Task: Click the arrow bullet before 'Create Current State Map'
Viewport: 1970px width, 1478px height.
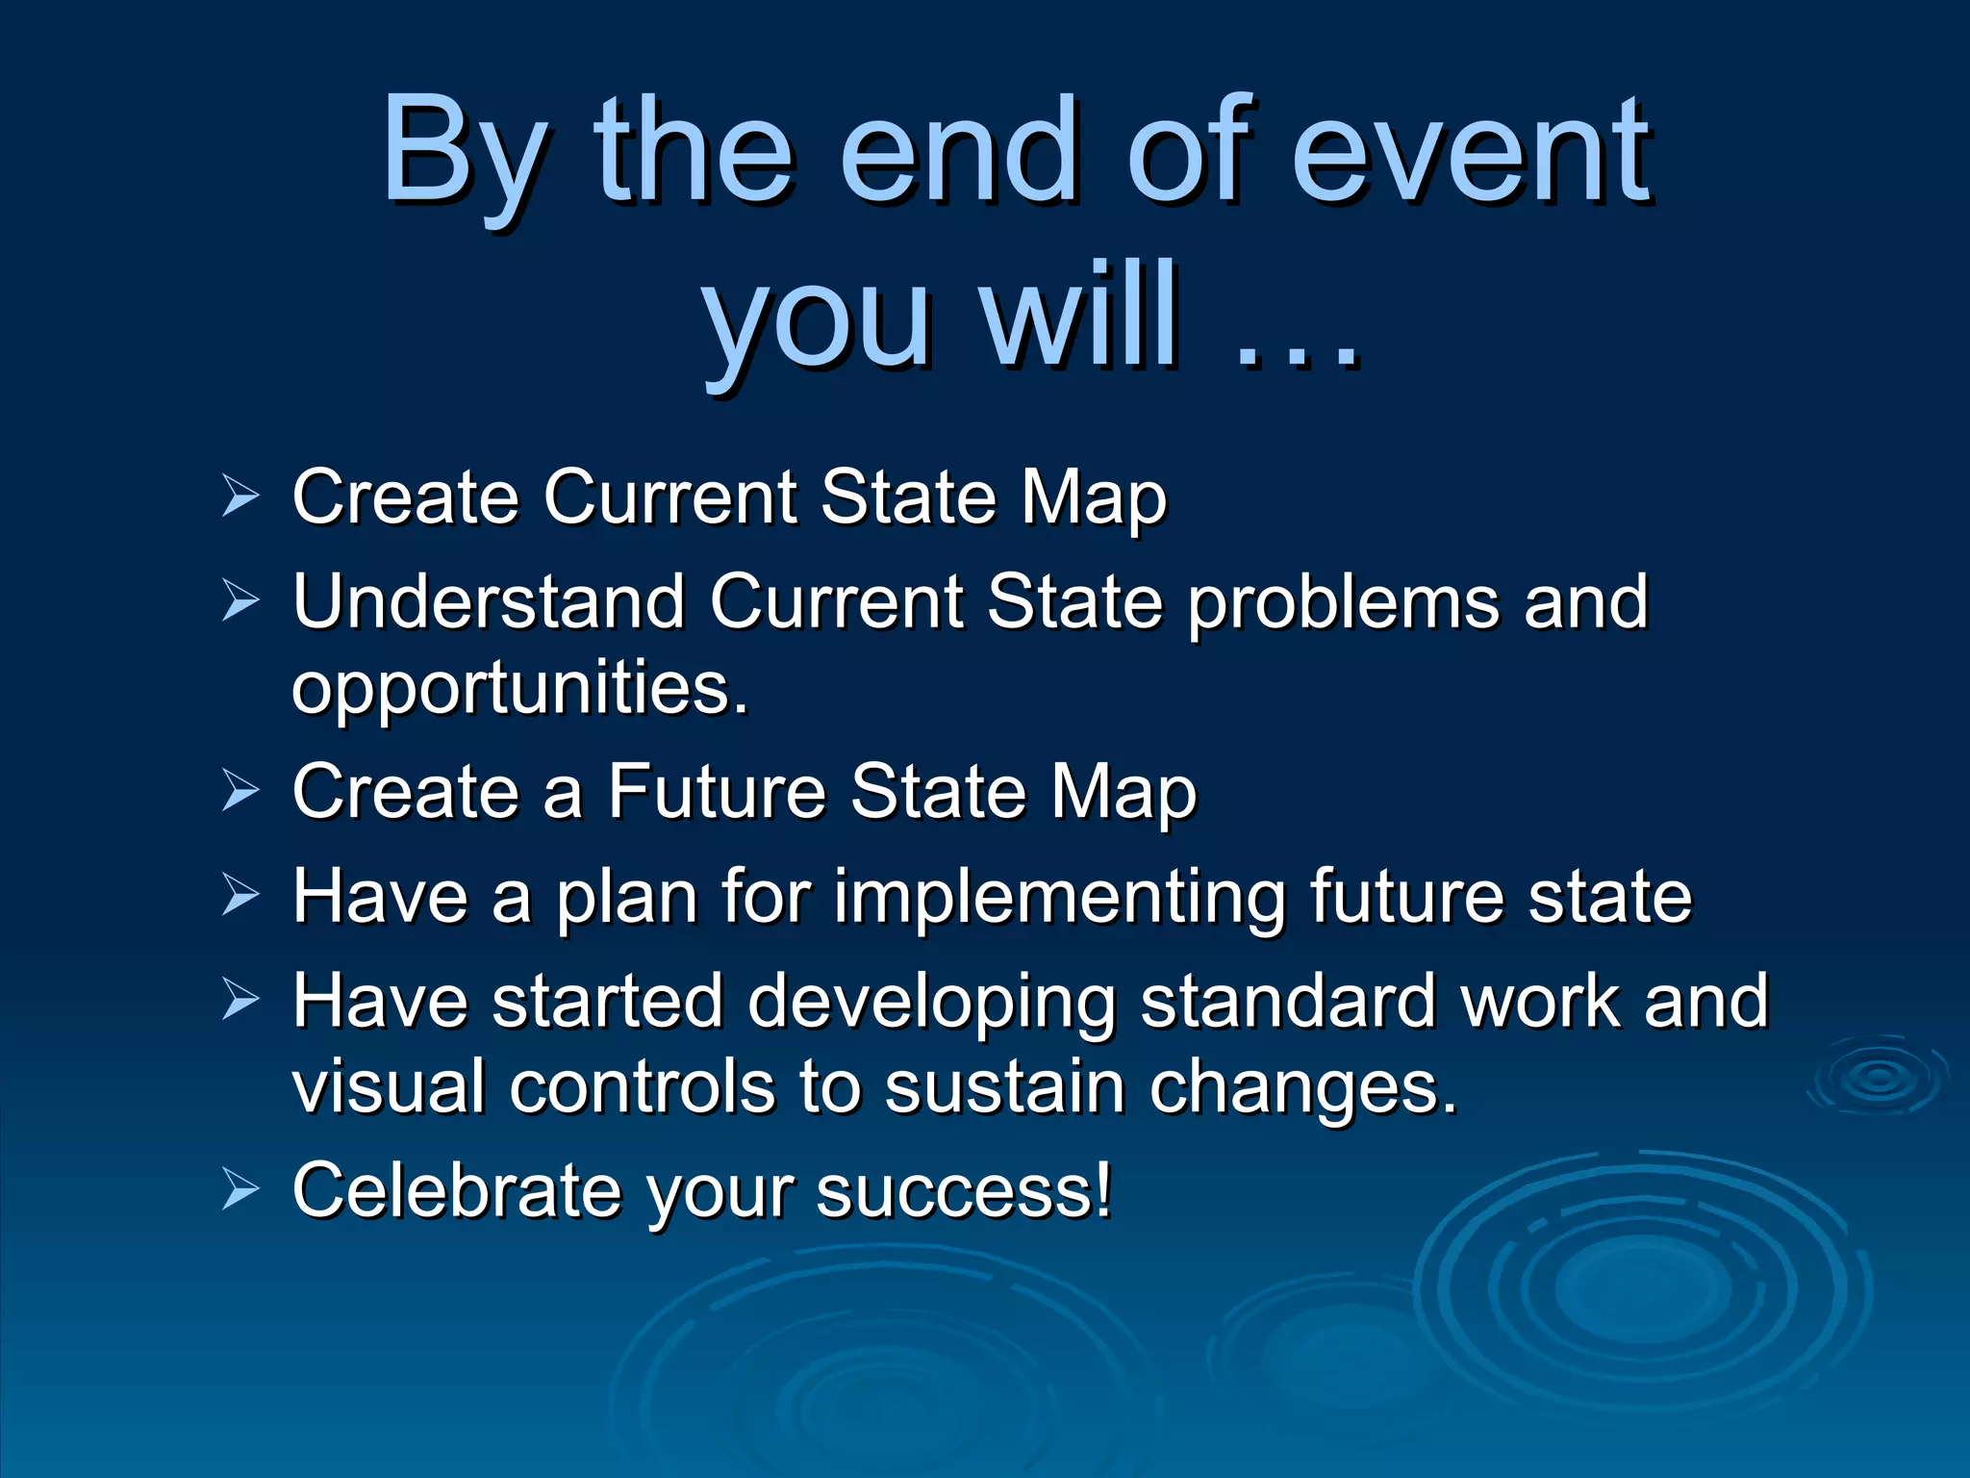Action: click(x=240, y=497)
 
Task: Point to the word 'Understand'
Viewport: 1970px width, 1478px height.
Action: click(x=489, y=601)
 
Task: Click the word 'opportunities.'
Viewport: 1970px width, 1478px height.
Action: click(x=519, y=689)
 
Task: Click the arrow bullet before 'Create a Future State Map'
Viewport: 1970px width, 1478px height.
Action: click(x=240, y=791)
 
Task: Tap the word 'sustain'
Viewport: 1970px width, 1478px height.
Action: click(x=1004, y=1086)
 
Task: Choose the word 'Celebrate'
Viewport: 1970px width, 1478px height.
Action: click(x=456, y=1189)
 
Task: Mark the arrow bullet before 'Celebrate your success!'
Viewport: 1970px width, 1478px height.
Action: click(x=240, y=1189)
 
